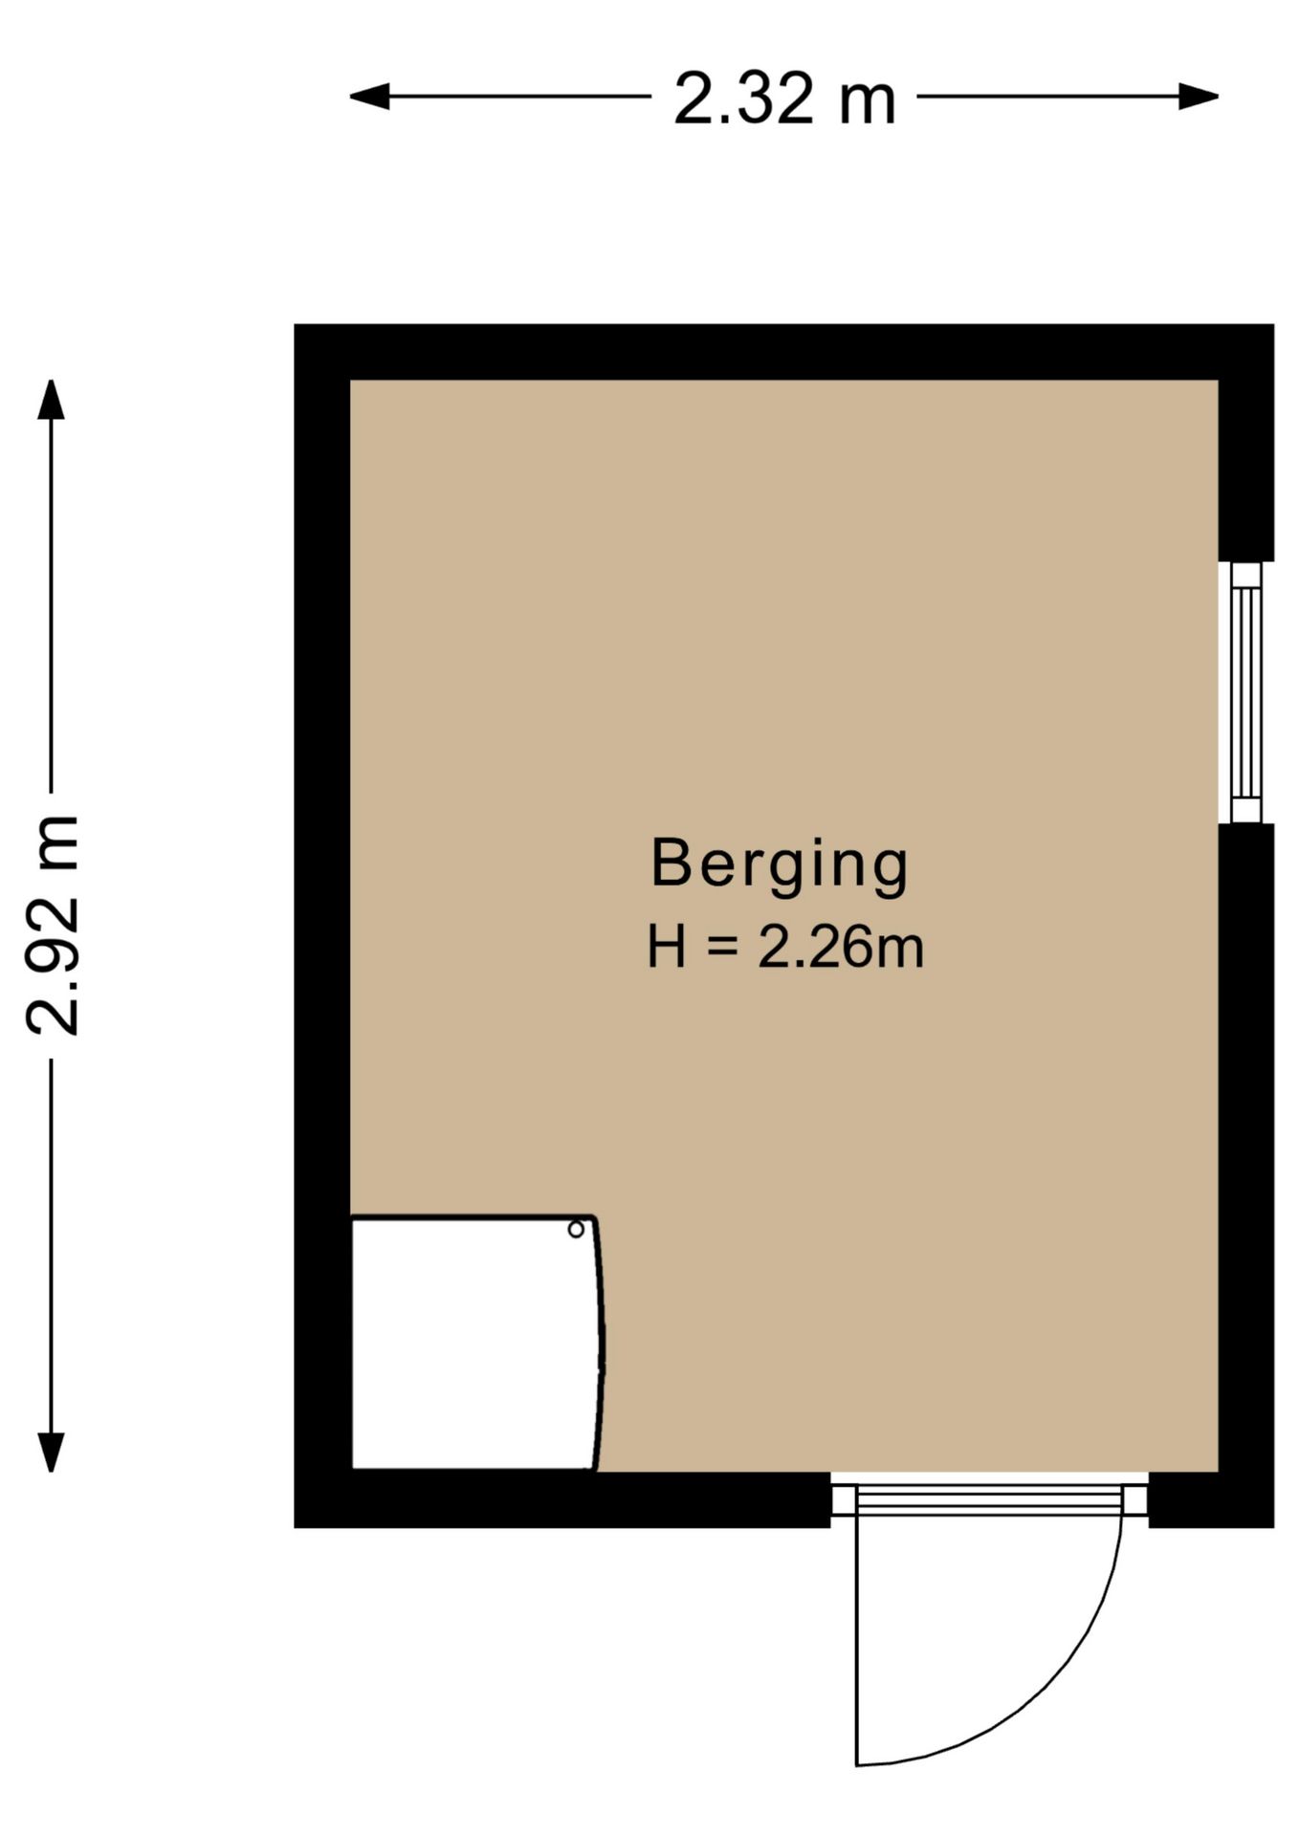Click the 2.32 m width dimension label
(784, 98)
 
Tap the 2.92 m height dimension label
(52, 926)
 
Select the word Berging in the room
(779, 866)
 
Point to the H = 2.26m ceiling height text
(785, 948)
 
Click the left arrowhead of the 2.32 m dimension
(369, 97)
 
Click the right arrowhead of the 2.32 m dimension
(1199, 97)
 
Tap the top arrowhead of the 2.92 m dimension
(51, 400)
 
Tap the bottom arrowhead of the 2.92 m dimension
(51, 1453)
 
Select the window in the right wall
(1245, 691)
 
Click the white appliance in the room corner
(476, 1343)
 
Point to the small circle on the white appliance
(576, 1230)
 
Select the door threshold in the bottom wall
(989, 1499)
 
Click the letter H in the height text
(667, 948)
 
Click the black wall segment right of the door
(1211, 1499)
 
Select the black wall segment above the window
(1246, 443)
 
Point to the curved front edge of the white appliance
(601, 1343)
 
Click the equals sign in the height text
(722, 949)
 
